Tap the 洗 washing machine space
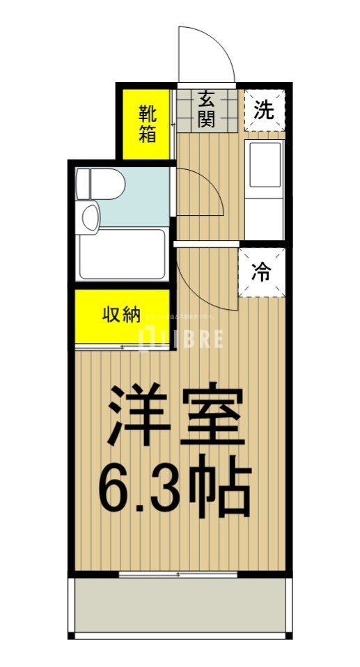(x=263, y=110)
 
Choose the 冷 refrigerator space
(x=263, y=272)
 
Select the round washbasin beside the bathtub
(x=90, y=215)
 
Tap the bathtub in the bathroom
(x=121, y=255)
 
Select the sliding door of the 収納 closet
(x=122, y=346)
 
